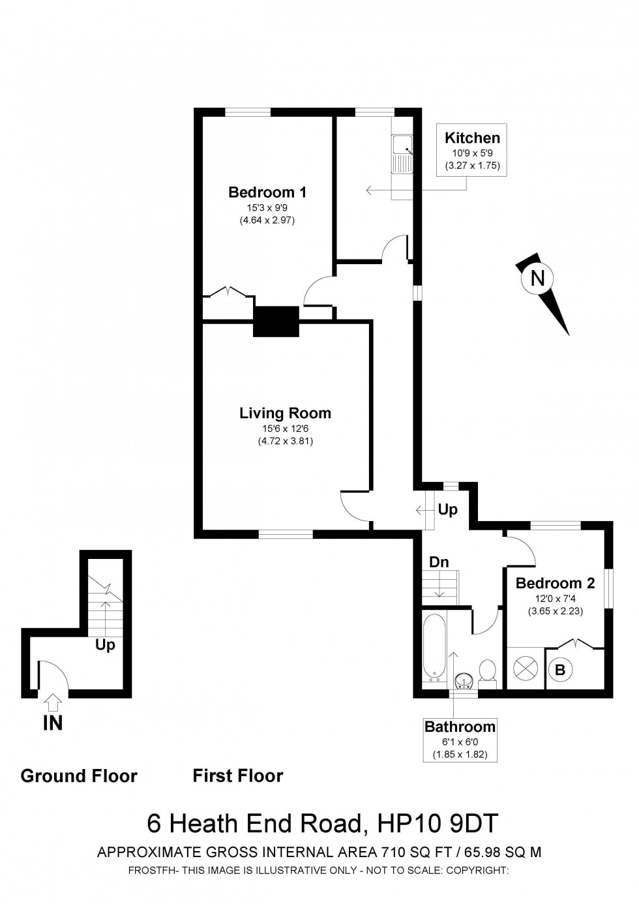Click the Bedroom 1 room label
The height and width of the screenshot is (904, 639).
pyautogui.click(x=267, y=192)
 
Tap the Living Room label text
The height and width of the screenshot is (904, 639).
pyautogui.click(x=285, y=413)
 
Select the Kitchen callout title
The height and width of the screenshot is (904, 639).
pyautogui.click(x=472, y=138)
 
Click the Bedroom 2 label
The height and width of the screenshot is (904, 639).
pyautogui.click(x=555, y=583)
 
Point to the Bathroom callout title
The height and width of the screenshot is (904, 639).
pyautogui.click(x=460, y=727)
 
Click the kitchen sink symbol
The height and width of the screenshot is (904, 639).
pyautogui.click(x=401, y=155)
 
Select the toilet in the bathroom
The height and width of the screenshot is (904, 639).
pyautogui.click(x=487, y=672)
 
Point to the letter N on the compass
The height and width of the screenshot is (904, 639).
pyautogui.click(x=537, y=279)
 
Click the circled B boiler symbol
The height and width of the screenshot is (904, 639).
pyautogui.click(x=559, y=669)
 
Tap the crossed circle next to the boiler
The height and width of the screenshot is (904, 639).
pyautogui.click(x=525, y=669)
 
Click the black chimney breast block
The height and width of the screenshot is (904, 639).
pyautogui.click(x=276, y=321)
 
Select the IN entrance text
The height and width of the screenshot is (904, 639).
pyautogui.click(x=53, y=723)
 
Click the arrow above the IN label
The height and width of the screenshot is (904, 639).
pyautogui.click(x=53, y=702)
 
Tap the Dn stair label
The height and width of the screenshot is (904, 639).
pyautogui.click(x=438, y=562)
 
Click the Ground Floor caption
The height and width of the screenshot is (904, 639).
pyautogui.click(x=79, y=776)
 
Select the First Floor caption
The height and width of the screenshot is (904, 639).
pyautogui.click(x=238, y=776)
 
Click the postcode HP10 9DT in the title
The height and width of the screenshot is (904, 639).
pyautogui.click(x=438, y=824)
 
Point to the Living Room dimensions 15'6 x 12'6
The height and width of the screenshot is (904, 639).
pyautogui.click(x=285, y=429)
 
